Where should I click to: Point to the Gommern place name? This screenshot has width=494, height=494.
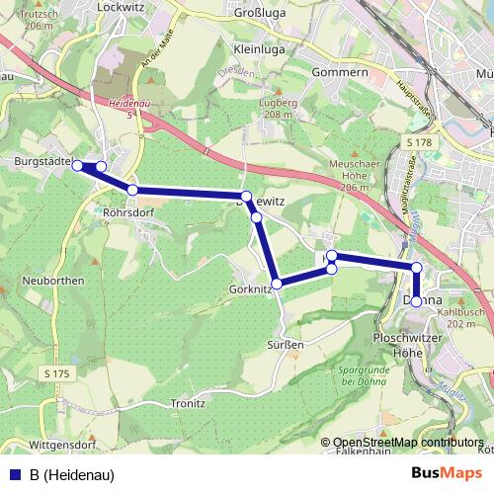click(x=312, y=72)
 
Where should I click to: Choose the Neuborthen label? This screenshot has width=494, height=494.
click(x=50, y=280)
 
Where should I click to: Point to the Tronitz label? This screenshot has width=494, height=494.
click(x=187, y=403)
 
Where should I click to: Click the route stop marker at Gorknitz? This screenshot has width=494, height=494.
click(x=277, y=284)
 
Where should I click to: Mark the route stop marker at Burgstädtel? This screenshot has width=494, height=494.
click(x=78, y=166)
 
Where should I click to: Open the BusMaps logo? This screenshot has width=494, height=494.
click(x=446, y=474)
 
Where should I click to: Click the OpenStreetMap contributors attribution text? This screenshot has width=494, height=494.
click(x=408, y=442)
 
